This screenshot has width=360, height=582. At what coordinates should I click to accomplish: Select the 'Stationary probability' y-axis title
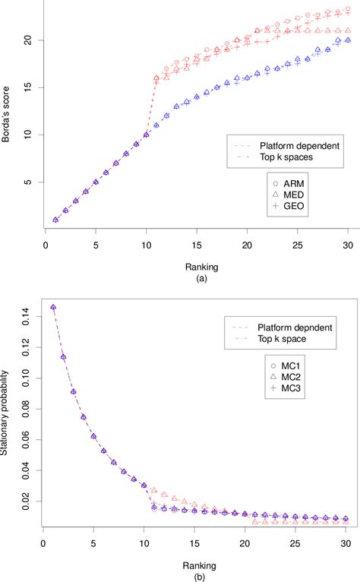click(8, 417)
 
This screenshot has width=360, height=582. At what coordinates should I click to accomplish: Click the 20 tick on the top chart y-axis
click(27, 40)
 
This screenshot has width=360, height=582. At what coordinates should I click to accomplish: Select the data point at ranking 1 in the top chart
click(55, 220)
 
